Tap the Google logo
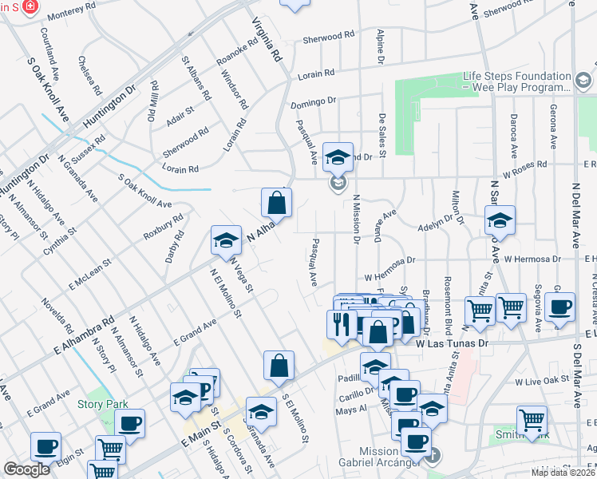coord(26,469)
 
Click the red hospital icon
coord(30,6)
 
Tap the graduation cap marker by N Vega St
coord(226,239)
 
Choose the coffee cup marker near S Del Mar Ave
coord(560,307)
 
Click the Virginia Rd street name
coord(268,40)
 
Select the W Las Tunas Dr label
coord(451,342)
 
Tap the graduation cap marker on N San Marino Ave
coord(500,221)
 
